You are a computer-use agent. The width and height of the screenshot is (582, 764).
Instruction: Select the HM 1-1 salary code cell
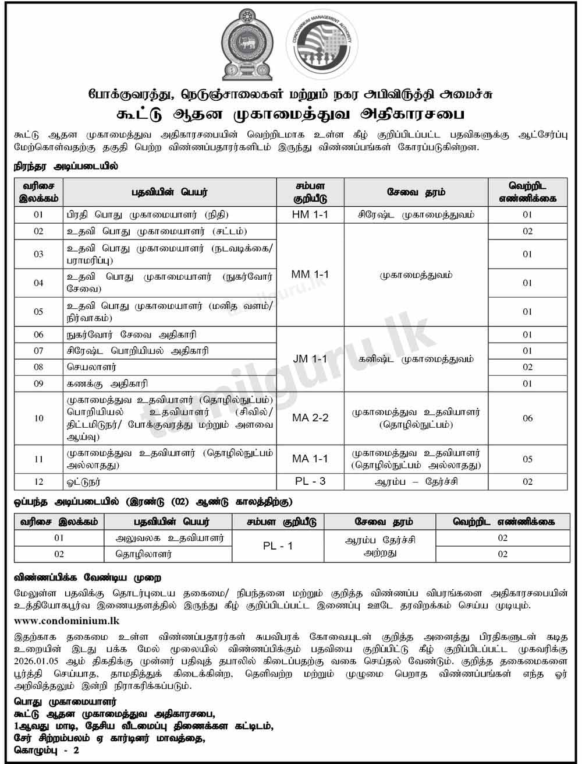click(x=310, y=214)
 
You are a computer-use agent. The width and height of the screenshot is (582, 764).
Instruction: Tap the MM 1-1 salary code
click(x=310, y=274)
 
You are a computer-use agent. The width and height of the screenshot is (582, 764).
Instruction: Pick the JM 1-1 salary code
click(x=310, y=359)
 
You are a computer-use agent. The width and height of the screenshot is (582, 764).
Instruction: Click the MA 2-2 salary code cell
click(x=310, y=418)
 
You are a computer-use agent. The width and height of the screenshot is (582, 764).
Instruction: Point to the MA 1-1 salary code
click(x=310, y=459)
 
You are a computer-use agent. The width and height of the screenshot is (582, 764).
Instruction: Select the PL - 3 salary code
click(x=310, y=481)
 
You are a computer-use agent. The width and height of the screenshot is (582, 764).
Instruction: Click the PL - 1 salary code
click(x=278, y=547)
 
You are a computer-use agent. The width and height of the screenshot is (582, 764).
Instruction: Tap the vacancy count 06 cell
click(x=527, y=418)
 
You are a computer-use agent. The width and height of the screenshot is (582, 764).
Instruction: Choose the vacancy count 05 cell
click(x=527, y=459)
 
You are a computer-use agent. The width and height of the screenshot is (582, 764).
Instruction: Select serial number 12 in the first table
click(x=38, y=482)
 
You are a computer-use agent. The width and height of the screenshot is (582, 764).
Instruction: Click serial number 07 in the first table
click(x=38, y=351)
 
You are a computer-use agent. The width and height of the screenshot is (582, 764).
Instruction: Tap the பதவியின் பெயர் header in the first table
click(x=169, y=192)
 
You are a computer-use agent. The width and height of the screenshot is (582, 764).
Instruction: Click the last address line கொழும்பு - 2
click(x=47, y=751)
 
